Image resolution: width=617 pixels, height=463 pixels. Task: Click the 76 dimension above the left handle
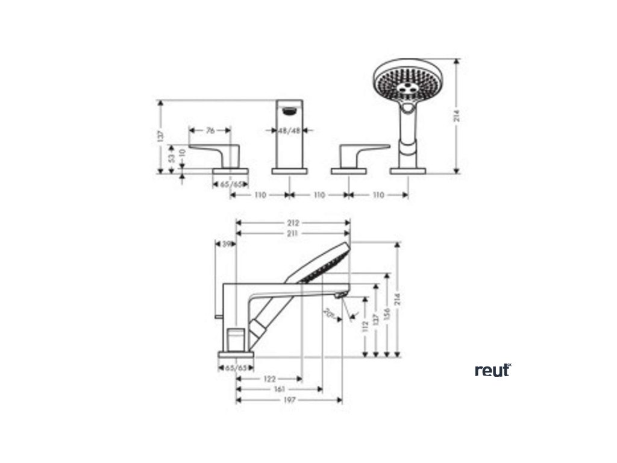[210, 130]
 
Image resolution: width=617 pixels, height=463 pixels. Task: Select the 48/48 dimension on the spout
[289, 130]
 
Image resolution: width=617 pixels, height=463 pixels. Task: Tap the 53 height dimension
[172, 158]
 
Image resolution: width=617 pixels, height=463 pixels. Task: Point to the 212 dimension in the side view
[293, 222]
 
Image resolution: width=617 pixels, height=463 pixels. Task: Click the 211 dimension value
[293, 233]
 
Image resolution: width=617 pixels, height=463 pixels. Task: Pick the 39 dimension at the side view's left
[227, 244]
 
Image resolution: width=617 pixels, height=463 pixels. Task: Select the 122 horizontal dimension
[269, 379]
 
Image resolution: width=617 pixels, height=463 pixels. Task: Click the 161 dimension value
[279, 389]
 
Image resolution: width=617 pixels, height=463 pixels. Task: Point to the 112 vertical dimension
[365, 326]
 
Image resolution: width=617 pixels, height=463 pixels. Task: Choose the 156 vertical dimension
[387, 315]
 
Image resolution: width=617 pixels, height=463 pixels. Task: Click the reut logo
[492, 370]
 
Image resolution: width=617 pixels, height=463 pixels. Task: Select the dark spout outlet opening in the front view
[290, 110]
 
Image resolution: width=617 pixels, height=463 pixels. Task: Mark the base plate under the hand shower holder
[408, 171]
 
